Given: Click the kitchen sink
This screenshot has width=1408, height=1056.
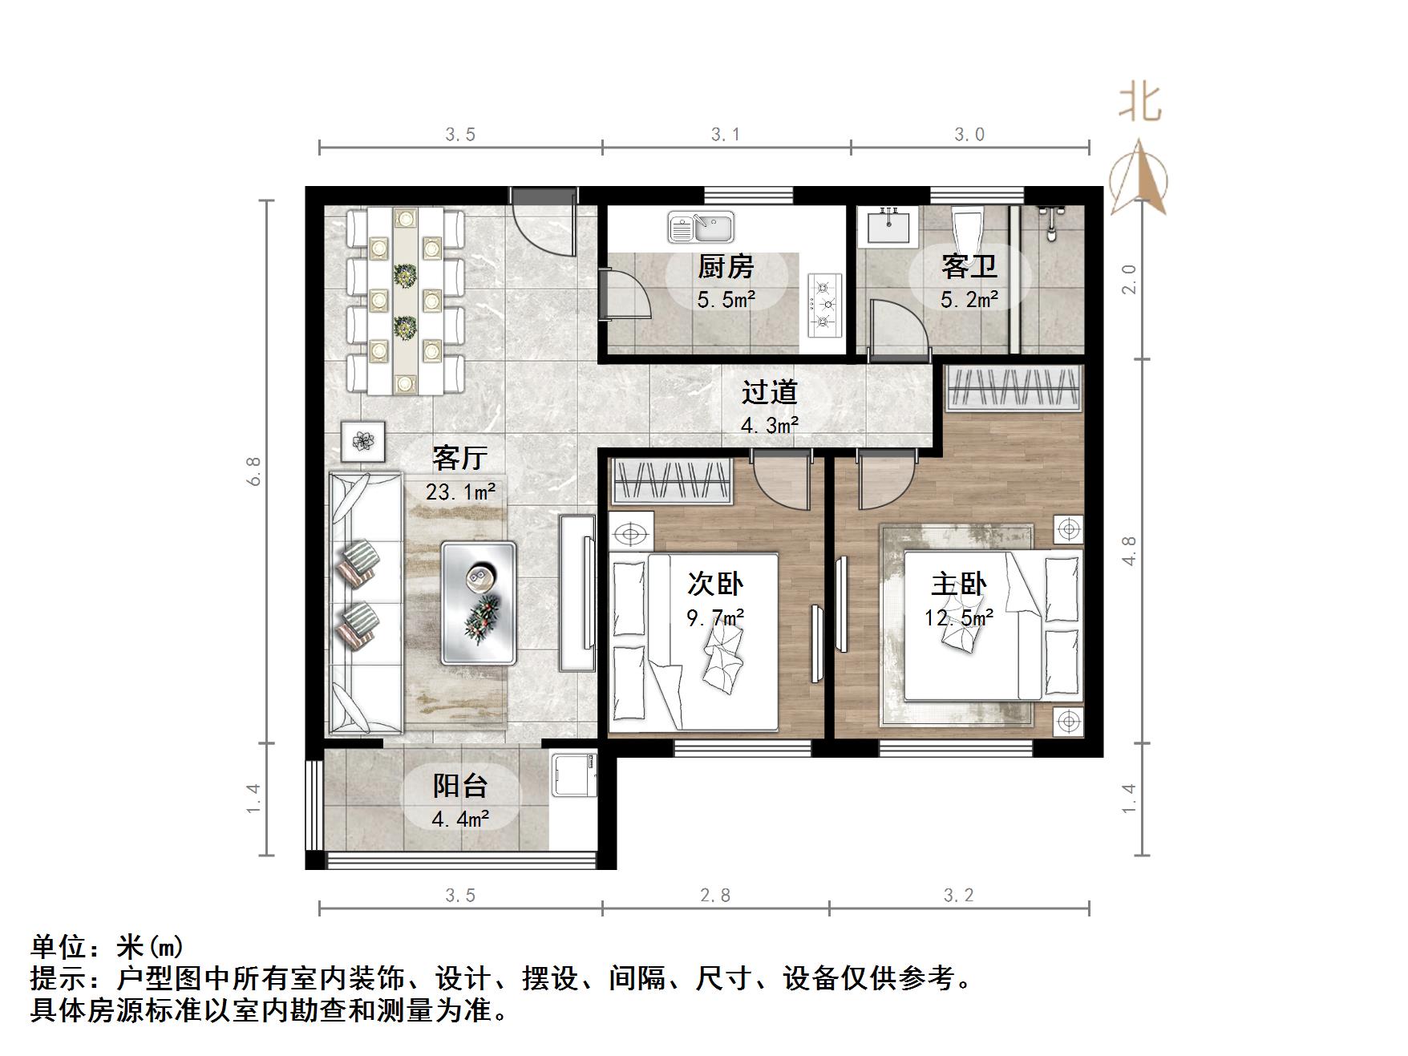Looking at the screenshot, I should click(701, 228).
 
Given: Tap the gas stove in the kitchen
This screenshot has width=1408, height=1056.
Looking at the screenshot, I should click(824, 304).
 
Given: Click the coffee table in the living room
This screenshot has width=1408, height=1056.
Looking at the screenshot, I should click(478, 602).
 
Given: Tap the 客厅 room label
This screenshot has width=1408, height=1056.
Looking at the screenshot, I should click(459, 458).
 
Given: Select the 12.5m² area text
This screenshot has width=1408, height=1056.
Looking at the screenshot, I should click(959, 617).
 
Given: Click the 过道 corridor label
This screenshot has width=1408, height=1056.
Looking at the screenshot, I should click(769, 392).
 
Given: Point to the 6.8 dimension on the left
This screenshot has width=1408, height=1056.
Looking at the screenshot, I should click(254, 471).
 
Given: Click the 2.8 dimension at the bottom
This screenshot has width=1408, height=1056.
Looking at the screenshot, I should click(715, 895).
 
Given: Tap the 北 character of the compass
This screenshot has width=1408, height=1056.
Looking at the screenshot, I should click(1139, 103).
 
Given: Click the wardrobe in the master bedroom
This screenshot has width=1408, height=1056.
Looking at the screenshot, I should click(1014, 389).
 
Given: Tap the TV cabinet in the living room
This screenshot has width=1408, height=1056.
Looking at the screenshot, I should click(577, 593).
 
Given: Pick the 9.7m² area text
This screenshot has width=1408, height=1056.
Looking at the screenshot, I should click(715, 617).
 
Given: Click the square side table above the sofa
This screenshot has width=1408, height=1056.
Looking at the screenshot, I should click(363, 441).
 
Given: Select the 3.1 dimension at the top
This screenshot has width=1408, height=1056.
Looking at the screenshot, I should click(726, 135).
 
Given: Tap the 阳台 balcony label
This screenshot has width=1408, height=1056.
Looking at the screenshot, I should click(459, 786).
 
